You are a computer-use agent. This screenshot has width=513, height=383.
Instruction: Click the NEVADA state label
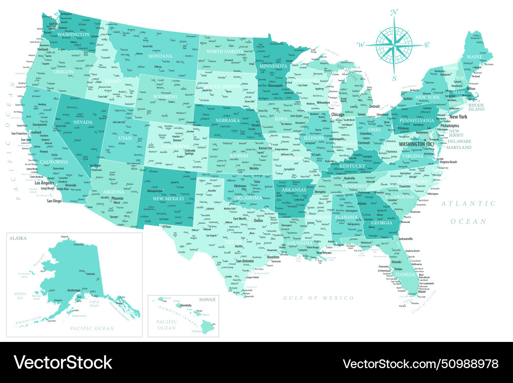(x=83, y=122)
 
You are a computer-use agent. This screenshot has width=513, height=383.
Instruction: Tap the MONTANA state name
(x=160, y=56)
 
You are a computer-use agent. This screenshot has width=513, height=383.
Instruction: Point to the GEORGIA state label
(x=381, y=223)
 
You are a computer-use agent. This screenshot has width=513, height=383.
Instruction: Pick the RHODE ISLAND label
(x=476, y=106)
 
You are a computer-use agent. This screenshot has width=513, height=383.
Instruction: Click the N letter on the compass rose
(x=394, y=12)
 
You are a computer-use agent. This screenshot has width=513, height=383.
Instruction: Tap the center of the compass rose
(x=394, y=45)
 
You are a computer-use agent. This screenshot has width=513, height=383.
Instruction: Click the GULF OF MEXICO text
(x=319, y=298)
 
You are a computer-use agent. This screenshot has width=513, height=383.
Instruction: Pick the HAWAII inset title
(x=207, y=299)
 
